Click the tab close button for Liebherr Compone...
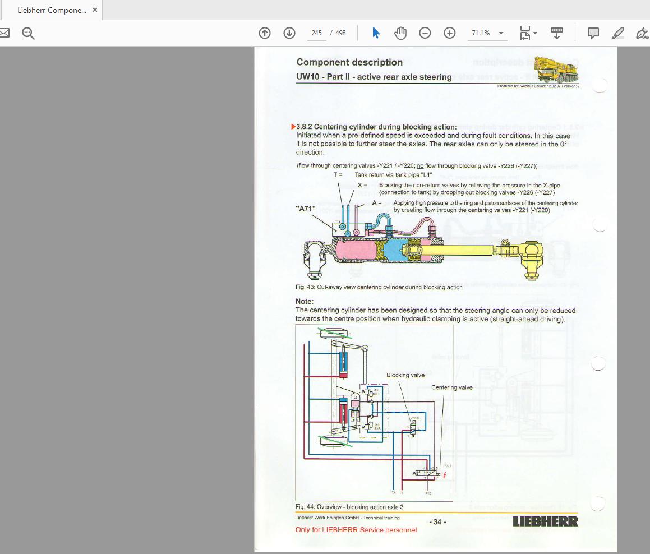click(x=95, y=10)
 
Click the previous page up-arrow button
click(x=265, y=33)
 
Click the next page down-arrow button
click(x=289, y=33)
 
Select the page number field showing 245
click(x=317, y=33)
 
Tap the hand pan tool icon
click(x=400, y=33)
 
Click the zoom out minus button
click(x=425, y=33)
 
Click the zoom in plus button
click(x=450, y=33)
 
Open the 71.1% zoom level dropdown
click(x=501, y=33)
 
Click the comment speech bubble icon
click(x=593, y=33)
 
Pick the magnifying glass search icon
click(x=28, y=33)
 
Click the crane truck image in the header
click(x=555, y=70)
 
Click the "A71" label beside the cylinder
click(x=306, y=209)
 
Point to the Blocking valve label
click(x=405, y=375)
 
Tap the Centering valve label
click(x=451, y=387)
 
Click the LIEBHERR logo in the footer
click(x=545, y=521)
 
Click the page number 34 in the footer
click(x=437, y=522)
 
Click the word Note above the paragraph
click(x=305, y=302)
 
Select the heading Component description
click(x=349, y=62)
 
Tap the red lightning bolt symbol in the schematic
click(x=445, y=475)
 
